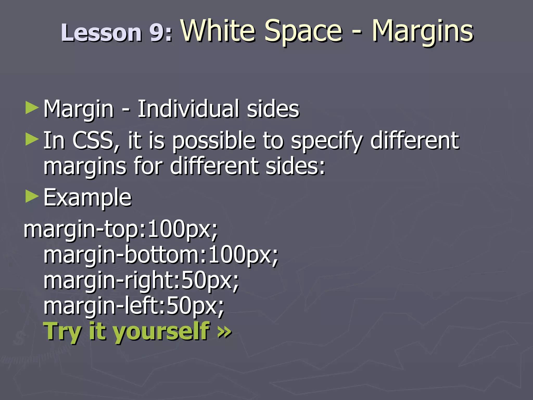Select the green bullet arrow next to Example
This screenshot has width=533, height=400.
point(32,197)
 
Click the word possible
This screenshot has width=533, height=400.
point(214,141)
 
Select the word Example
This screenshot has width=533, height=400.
point(87,198)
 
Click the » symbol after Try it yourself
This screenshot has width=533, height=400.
point(224,332)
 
